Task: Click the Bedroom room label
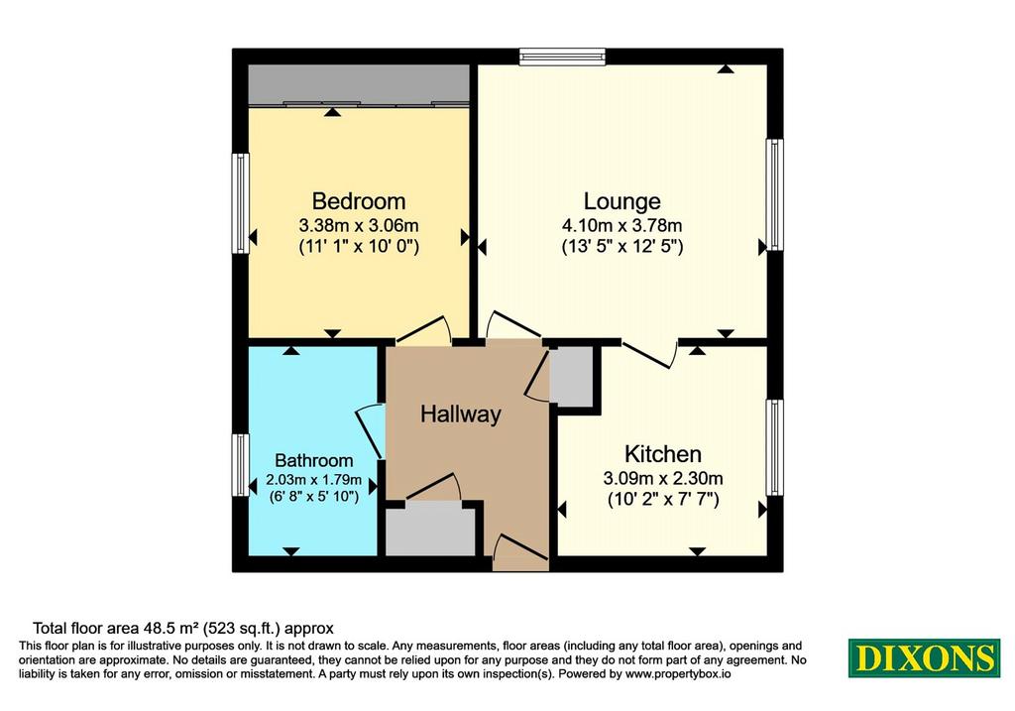pos(359,200)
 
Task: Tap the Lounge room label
pos(622,201)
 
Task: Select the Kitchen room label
pos(663,453)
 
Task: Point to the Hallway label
pos(461,414)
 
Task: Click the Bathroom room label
pos(314,460)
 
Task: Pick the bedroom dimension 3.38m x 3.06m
pos(359,226)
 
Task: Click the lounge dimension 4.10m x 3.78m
pos(622,226)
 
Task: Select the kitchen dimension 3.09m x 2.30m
pos(663,479)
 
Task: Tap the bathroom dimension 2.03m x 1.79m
pos(314,481)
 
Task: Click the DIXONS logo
pos(925,657)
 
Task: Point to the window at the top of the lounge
pos(562,57)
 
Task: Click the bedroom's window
pos(241,203)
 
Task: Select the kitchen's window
pos(775,447)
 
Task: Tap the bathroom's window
pos(241,465)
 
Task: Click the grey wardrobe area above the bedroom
pos(359,83)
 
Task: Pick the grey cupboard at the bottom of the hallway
pos(431,531)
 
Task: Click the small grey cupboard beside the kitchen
pos(572,376)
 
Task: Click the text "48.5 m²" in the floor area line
pos(173,628)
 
